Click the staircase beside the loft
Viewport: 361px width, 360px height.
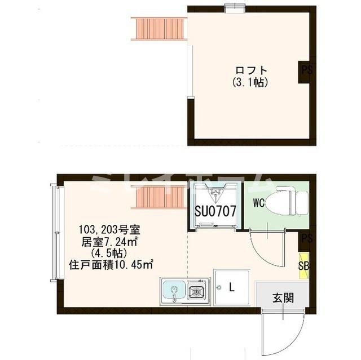point(159,29)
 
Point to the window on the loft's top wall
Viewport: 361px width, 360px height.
point(232,7)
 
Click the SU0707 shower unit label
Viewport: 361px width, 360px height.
point(215,211)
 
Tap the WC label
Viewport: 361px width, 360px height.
point(259,201)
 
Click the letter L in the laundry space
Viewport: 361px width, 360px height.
point(231,286)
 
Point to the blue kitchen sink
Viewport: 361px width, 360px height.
point(173,292)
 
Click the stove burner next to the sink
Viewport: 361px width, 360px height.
point(197,292)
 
